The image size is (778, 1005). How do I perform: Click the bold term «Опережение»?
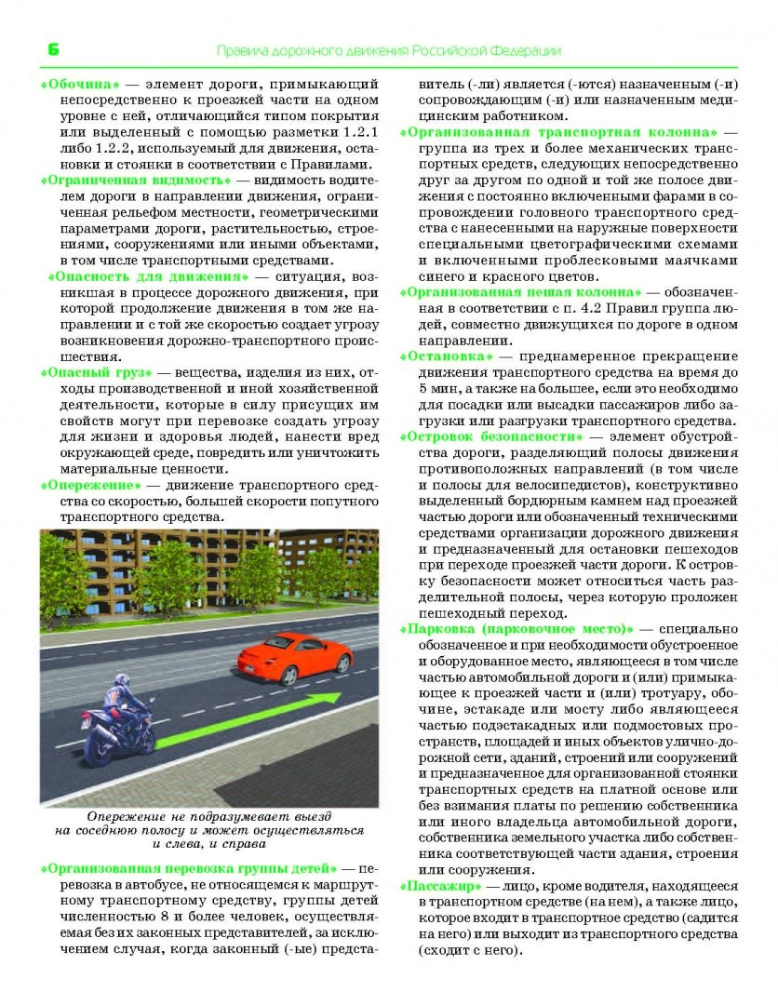[90, 485]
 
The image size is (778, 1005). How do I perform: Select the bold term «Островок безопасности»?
[498, 435]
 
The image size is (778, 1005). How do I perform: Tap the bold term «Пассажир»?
[440, 885]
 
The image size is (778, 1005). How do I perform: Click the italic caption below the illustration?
[208, 830]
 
